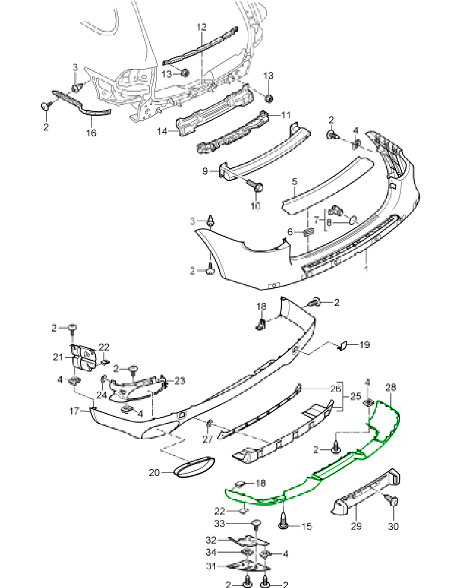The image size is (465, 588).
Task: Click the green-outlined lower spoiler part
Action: tap(318, 470)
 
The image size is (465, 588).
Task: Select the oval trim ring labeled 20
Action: tap(192, 467)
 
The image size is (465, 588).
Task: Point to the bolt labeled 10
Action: tap(256, 187)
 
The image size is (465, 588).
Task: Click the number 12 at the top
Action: tap(201, 27)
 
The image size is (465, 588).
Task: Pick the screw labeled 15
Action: tap(284, 520)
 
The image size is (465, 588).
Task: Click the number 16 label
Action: tap(91, 133)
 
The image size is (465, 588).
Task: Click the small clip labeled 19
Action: tap(342, 346)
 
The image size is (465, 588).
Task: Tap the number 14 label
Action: tap(162, 132)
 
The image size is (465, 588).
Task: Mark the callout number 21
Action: tap(58, 356)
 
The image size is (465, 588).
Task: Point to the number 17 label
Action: tap(74, 411)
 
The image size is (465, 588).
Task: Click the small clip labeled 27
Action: tap(209, 424)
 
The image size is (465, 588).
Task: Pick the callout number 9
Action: tap(205, 171)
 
